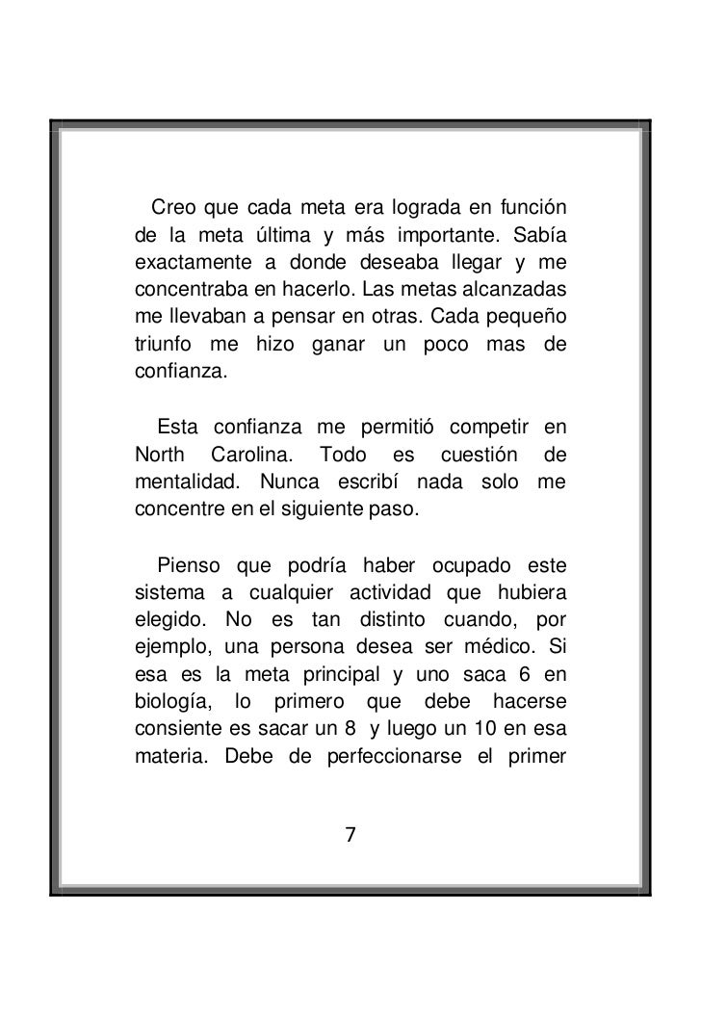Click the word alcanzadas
[x=520, y=290]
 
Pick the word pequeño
[x=527, y=317]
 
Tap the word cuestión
[x=474, y=453]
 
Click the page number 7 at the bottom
[x=351, y=834]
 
